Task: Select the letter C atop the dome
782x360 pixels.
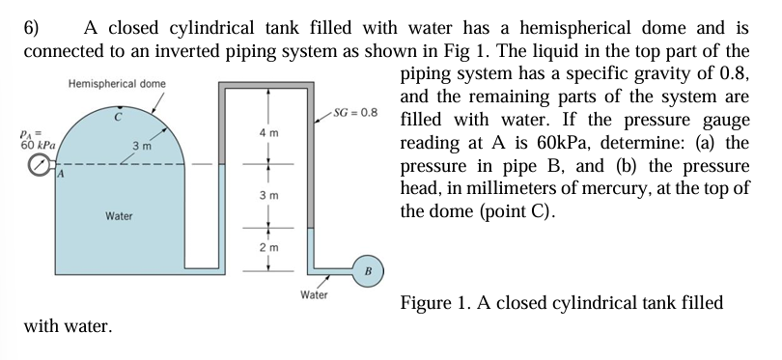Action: (x=117, y=117)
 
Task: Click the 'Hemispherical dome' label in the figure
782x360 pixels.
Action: (x=116, y=84)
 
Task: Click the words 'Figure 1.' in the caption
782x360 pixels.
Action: (x=437, y=302)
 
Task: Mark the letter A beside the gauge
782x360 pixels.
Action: (x=58, y=176)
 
